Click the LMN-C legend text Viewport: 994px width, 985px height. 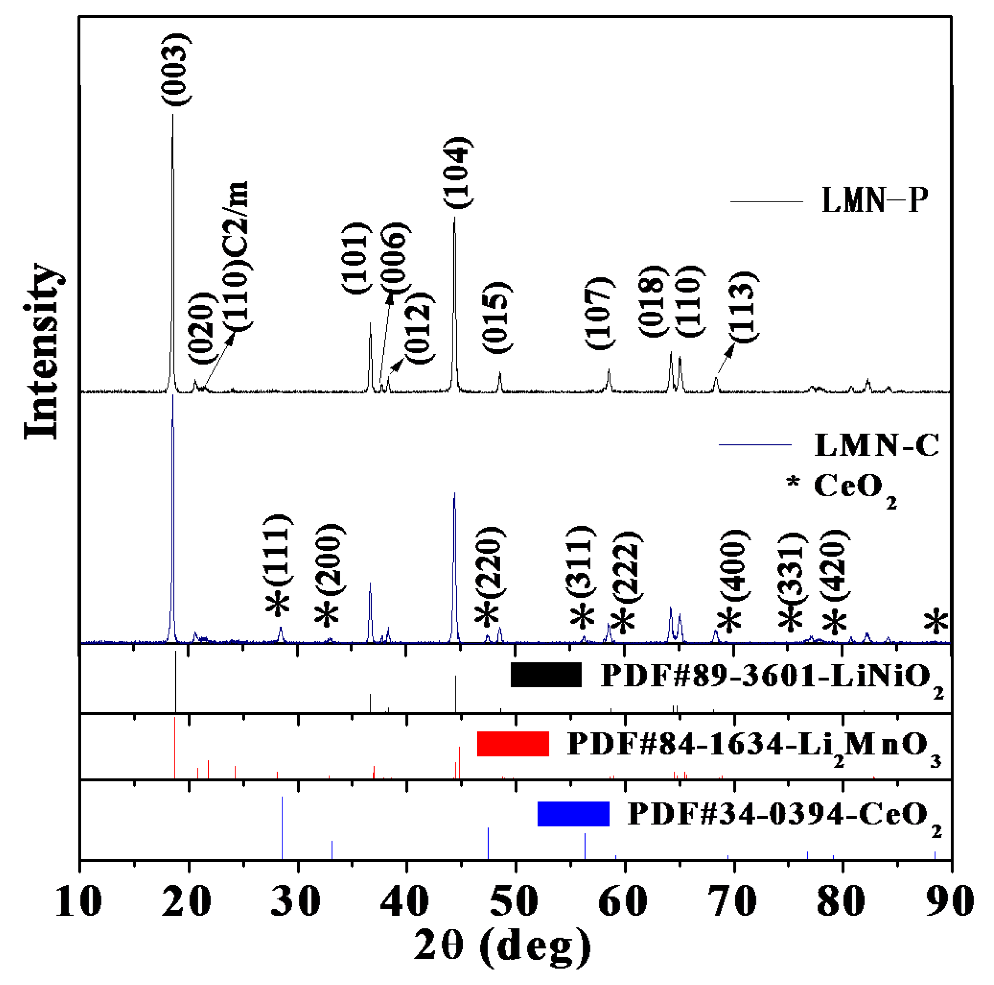(877, 445)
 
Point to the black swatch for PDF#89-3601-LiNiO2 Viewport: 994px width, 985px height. (546, 675)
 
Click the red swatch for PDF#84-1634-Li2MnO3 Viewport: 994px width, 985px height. (513, 744)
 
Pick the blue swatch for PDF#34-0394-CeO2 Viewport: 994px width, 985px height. (573, 814)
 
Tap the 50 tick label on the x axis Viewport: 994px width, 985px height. (515, 901)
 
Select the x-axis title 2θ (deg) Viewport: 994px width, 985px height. (502, 947)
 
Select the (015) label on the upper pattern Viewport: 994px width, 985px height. (497, 317)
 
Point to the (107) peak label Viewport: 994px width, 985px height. (600, 313)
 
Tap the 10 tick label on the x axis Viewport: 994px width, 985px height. (79, 901)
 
